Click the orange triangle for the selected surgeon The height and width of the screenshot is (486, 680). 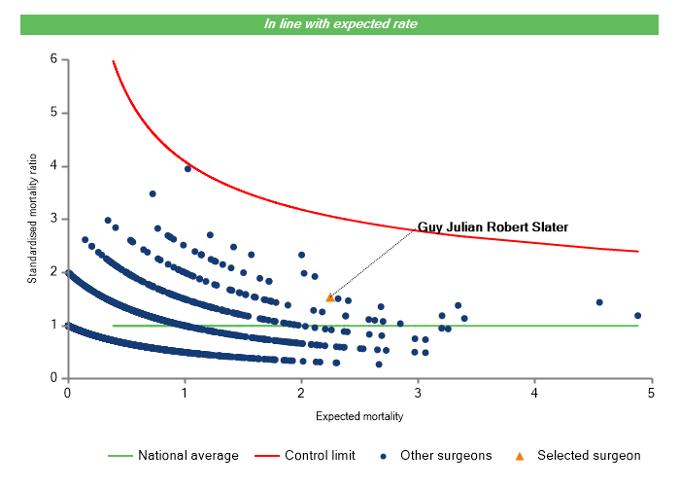point(330,297)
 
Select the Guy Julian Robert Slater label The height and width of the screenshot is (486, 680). point(493,227)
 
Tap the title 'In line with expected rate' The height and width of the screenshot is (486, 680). point(340,23)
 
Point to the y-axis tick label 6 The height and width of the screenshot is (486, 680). point(53,59)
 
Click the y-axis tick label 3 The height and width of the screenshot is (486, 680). point(53,219)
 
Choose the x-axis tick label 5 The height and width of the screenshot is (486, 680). point(652,393)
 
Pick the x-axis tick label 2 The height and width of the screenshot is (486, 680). point(301,393)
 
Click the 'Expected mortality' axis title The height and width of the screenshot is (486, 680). point(359,416)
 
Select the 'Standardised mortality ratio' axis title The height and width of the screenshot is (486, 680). point(32,219)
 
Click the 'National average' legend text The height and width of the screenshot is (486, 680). point(187,455)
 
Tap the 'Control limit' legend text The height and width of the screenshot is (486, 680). point(320,455)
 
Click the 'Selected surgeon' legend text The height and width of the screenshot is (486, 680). point(589,455)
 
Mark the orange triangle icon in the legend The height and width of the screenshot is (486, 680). point(520,455)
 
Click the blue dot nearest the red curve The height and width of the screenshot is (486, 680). point(187,168)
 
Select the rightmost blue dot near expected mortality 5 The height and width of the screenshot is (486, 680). point(637,316)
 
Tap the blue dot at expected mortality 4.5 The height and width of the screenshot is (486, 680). point(599,302)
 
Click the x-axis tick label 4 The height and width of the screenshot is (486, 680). point(535,393)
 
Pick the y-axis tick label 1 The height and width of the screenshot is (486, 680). point(53,325)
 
